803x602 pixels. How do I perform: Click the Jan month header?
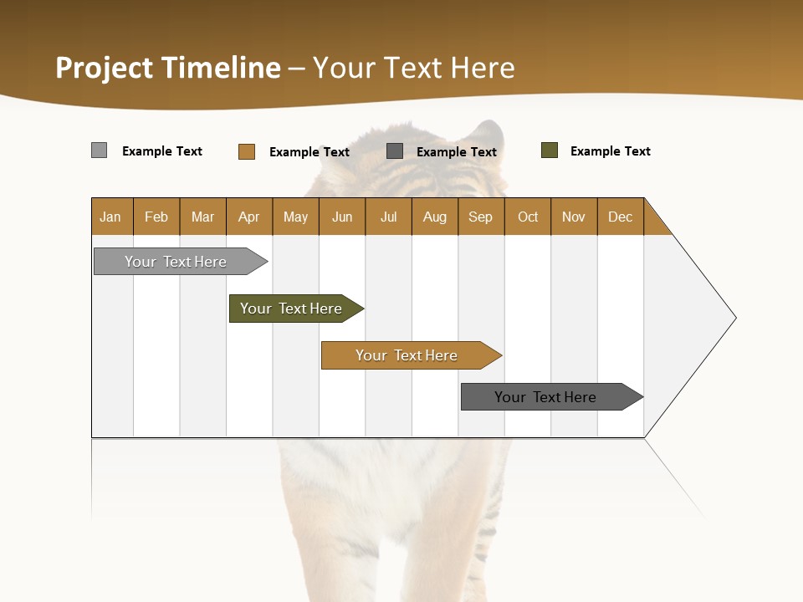[x=110, y=217]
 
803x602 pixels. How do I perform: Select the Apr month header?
[x=249, y=217]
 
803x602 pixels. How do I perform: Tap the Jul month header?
[x=388, y=217]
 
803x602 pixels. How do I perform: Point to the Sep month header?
[x=480, y=217]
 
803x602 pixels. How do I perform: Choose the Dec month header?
[x=620, y=217]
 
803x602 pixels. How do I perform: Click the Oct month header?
[x=528, y=217]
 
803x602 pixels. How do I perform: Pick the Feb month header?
[x=156, y=217]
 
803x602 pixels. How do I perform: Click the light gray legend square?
[x=99, y=150]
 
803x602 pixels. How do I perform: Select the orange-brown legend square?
[x=247, y=151]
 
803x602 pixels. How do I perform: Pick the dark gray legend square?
[x=395, y=151]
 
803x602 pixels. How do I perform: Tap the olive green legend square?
[x=550, y=150]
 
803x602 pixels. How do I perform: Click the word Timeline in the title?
[x=220, y=68]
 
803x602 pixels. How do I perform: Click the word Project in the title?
[x=104, y=68]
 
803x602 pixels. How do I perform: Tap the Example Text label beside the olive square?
[x=610, y=151]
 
